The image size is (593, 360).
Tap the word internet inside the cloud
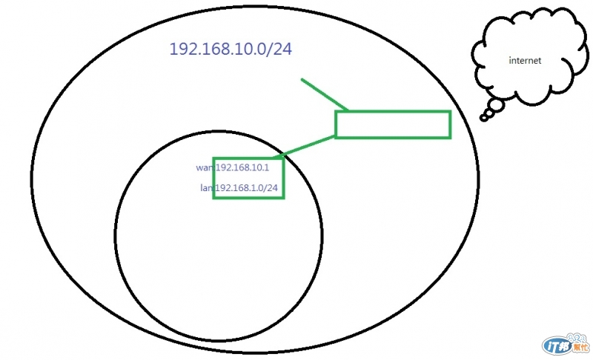point(525,59)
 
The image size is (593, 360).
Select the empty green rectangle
point(393,124)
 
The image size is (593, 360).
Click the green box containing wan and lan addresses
point(248,179)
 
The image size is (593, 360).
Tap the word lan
point(207,188)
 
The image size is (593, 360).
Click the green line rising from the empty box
point(325,95)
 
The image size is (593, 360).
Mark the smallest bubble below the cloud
point(483,117)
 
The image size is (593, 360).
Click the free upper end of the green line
point(302,79)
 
